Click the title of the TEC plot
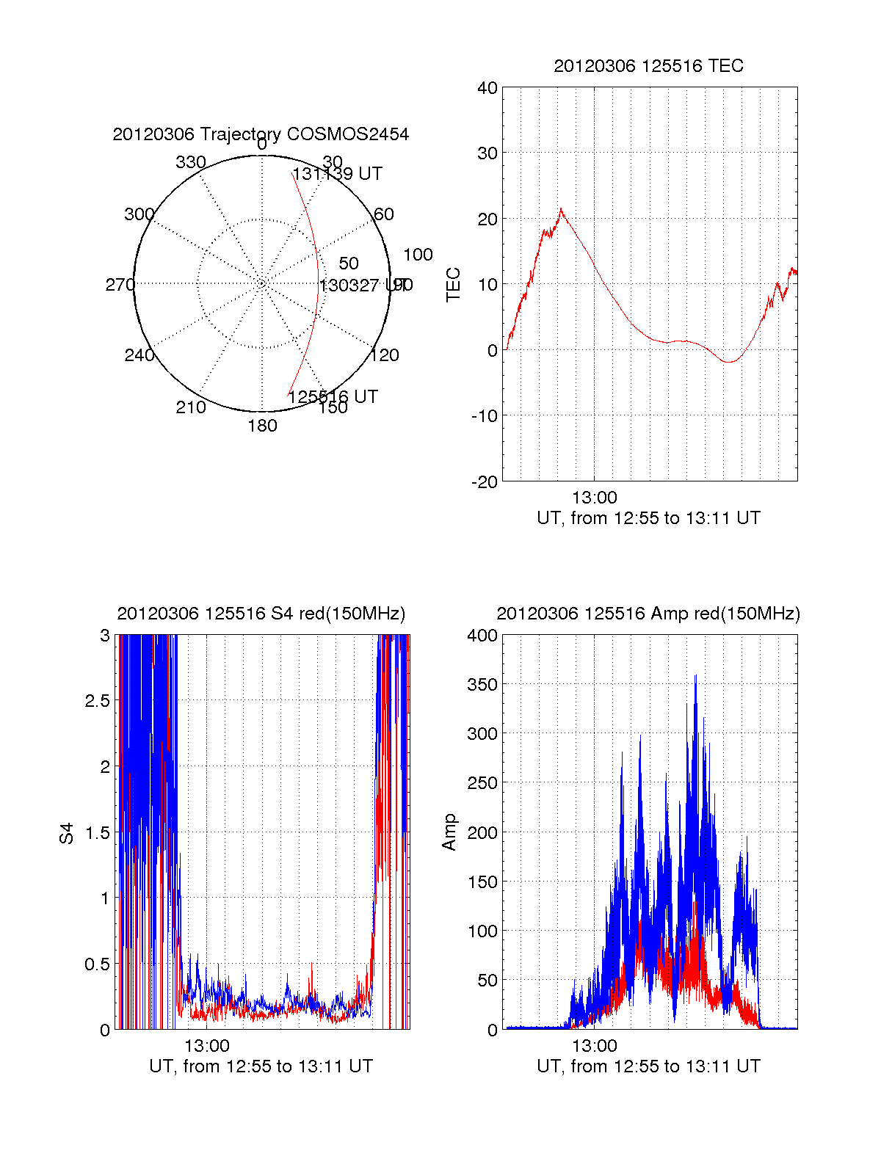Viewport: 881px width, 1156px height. pos(648,66)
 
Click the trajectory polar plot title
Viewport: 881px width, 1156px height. pos(261,134)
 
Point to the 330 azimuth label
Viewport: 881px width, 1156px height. pos(191,162)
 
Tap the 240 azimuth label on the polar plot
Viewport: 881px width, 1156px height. pos(139,355)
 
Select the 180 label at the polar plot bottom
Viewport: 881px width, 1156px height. pos(262,426)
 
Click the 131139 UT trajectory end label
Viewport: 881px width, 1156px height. pos(338,174)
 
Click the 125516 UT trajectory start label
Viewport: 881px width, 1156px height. pos(333,397)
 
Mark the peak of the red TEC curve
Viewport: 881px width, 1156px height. pos(561,209)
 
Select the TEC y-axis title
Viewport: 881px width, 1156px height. pos(454,284)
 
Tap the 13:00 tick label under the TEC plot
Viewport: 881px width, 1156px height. pos(594,498)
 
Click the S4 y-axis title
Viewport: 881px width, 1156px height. pos(67,833)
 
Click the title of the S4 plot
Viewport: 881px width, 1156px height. pos(261,614)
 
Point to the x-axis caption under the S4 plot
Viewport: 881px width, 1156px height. pos(261,1066)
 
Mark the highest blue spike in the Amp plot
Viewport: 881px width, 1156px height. pos(695,676)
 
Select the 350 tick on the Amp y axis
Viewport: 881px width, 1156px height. pos(482,685)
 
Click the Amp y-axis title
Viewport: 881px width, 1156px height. pos(449,832)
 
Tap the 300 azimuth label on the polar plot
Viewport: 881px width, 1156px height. pos(139,214)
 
